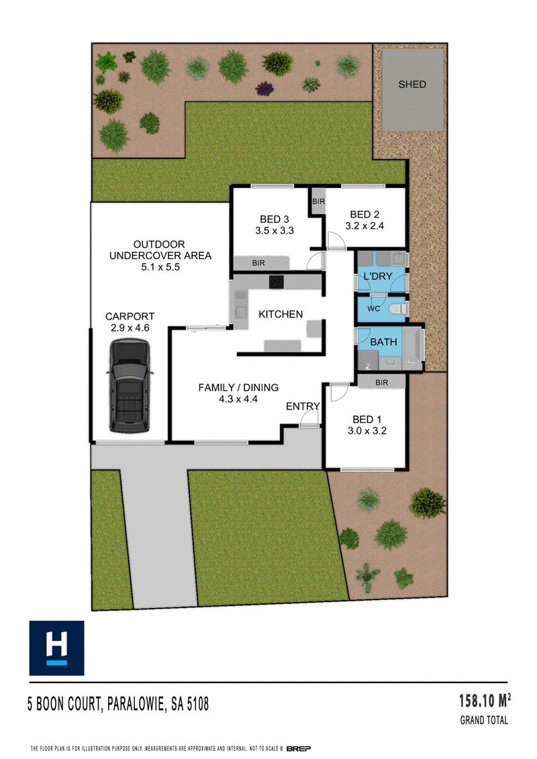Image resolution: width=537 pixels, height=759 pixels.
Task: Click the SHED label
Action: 412,85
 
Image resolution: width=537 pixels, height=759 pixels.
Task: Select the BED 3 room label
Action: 275,219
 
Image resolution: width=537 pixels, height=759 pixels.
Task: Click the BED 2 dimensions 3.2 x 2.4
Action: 364,225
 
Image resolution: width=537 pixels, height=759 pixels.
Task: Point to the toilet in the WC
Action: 398,308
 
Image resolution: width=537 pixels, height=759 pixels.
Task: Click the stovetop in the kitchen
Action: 277,282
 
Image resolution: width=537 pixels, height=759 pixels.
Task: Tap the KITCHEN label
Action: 281,314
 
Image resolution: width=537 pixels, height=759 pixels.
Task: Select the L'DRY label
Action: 378,276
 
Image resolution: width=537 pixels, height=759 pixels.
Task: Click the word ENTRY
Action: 303,406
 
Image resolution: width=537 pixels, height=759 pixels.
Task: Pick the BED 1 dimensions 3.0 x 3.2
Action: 367,431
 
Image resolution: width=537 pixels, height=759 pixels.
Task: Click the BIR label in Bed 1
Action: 381,383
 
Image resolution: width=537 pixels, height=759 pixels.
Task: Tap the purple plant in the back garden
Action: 264,89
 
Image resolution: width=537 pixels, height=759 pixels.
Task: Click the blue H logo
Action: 56,648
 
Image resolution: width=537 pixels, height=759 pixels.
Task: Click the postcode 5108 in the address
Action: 197,704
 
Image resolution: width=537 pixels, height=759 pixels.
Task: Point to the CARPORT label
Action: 130,316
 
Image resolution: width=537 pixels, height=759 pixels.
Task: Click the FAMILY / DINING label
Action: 238,387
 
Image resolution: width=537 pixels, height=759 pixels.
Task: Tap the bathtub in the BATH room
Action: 413,346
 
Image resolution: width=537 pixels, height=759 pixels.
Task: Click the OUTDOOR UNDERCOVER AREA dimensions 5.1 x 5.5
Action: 160,266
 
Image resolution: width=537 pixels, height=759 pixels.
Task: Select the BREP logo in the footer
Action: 299,748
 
